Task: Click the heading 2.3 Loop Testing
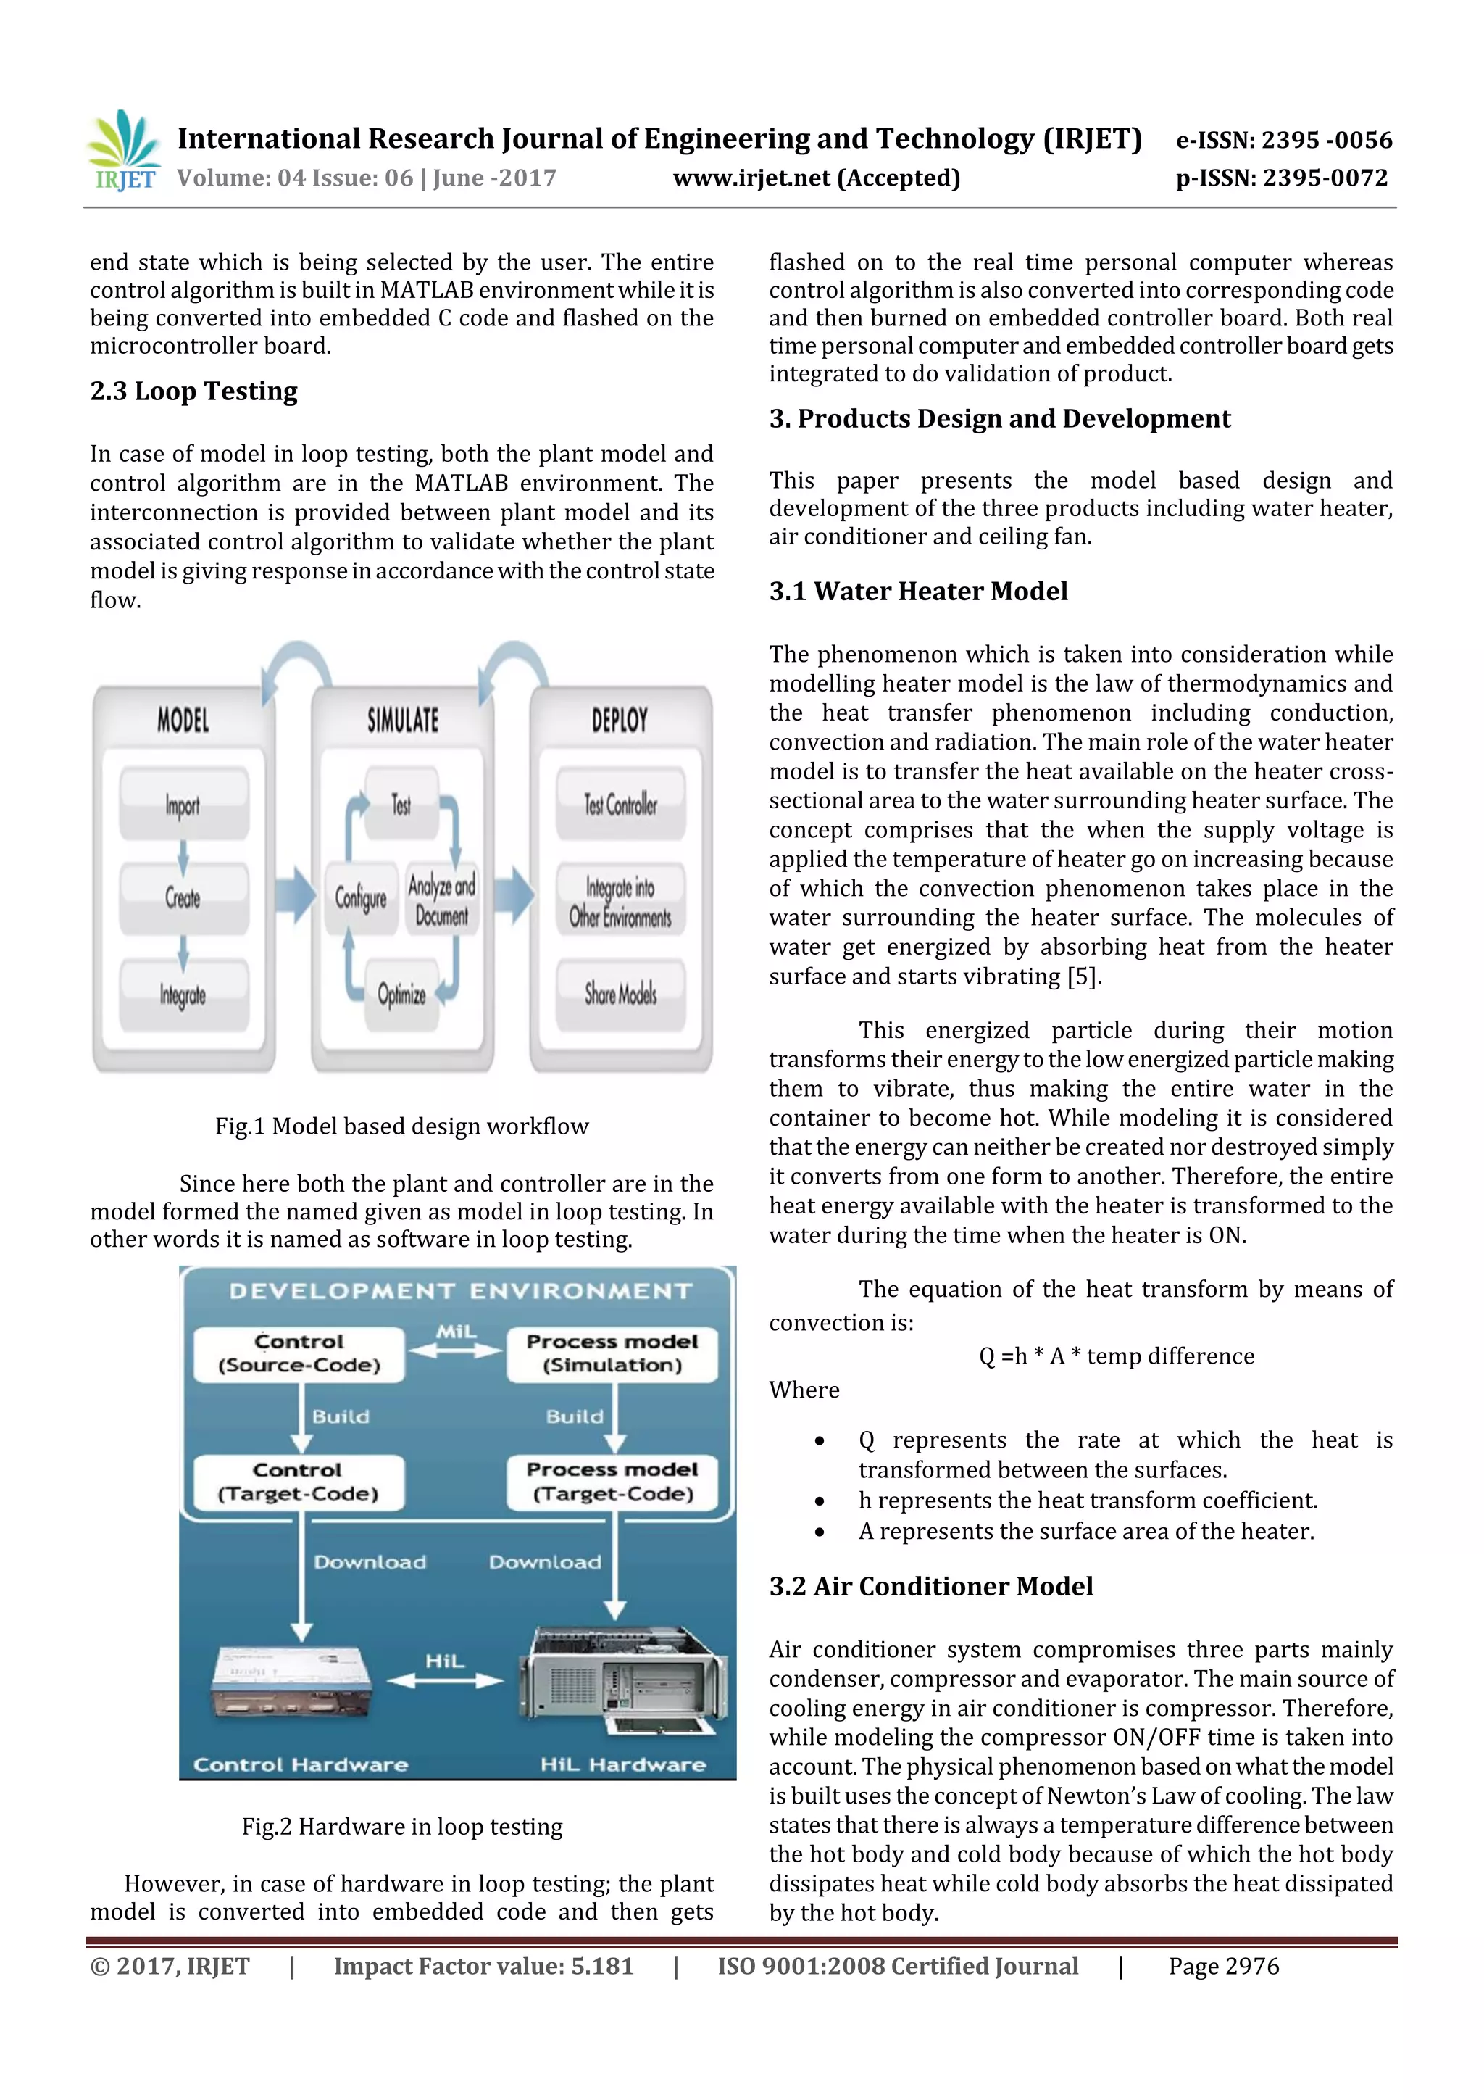coord(194,391)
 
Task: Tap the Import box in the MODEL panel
coord(183,805)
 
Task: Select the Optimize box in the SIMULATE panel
coord(402,995)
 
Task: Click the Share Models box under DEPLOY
coord(621,995)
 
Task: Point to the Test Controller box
coord(621,805)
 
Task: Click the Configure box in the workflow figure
coord(361,898)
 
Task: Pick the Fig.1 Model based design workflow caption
coord(401,1126)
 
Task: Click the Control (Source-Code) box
coord(299,1353)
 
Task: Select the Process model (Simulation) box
coord(612,1353)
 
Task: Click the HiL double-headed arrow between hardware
coord(446,1680)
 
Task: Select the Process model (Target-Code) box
coord(612,1482)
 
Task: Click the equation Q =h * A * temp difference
coord(1117,1356)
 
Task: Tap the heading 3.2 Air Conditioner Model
coord(931,1586)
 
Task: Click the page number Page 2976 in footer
coord(1223,1967)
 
